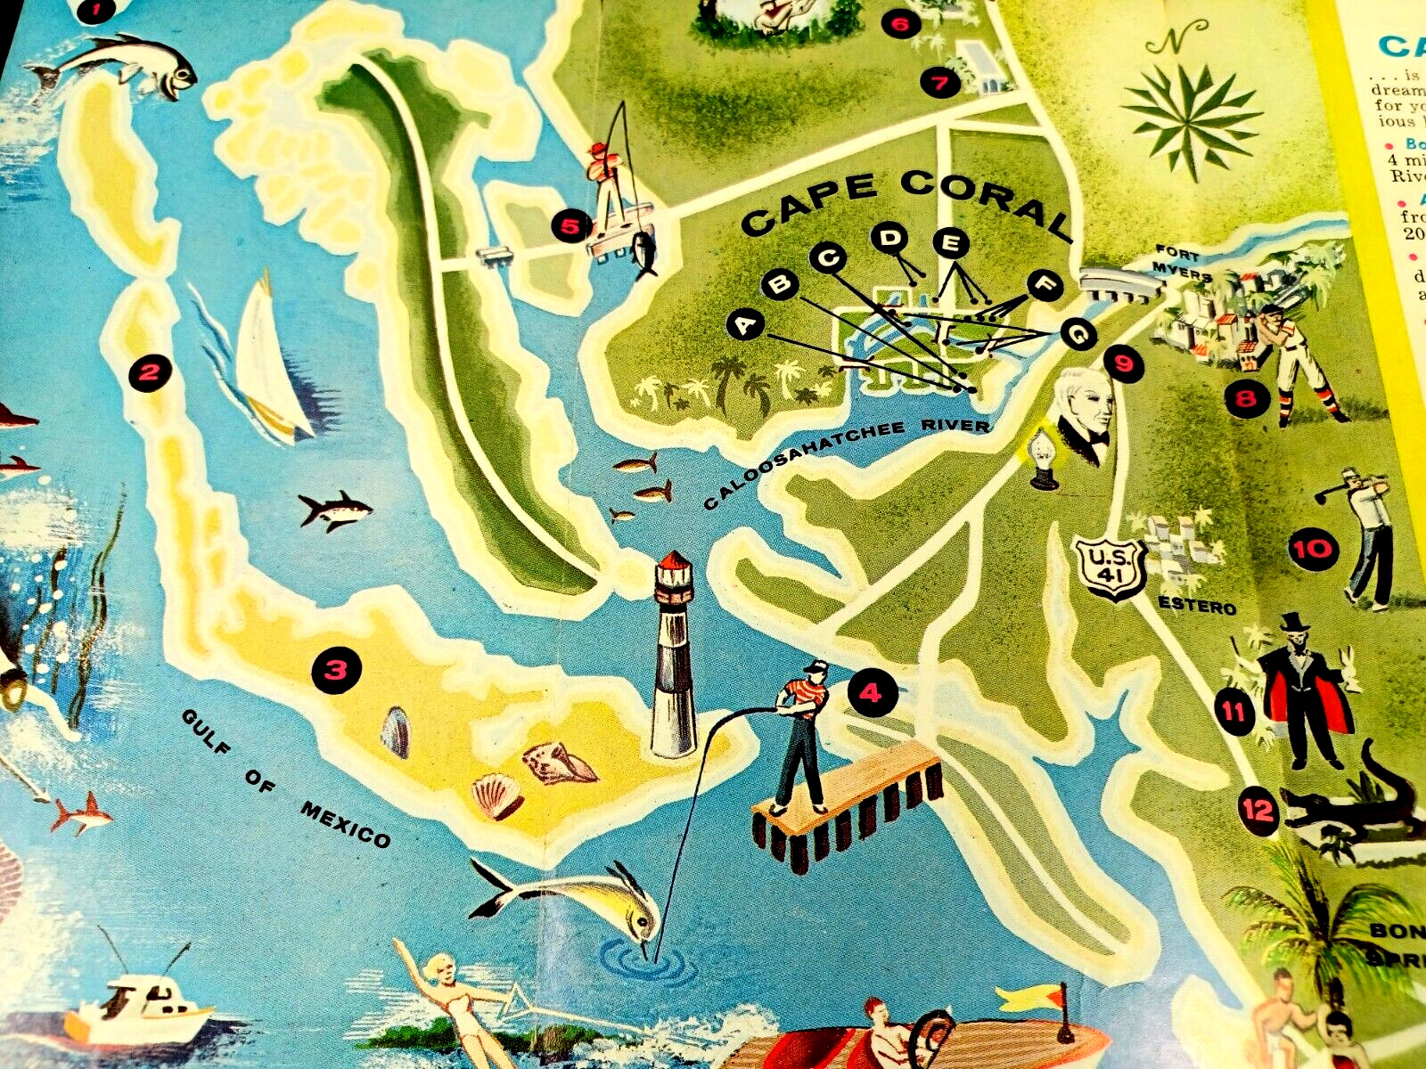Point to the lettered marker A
746,326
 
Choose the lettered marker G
1078,336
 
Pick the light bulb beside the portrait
1041,459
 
